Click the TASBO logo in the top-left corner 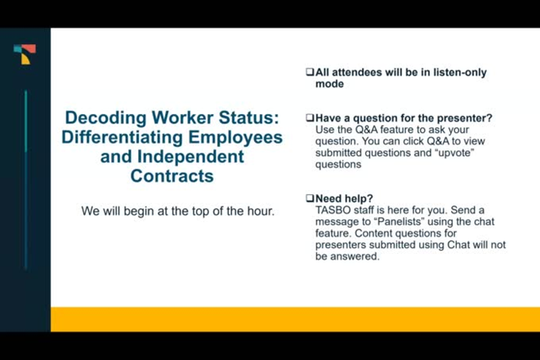click(25, 55)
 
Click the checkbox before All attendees click(310, 73)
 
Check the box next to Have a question click(310, 118)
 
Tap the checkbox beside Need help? click(310, 198)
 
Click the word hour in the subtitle click(261, 211)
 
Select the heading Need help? click(344, 198)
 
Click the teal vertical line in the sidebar click(25, 180)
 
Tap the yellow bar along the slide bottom click(294, 318)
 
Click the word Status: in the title click(244, 118)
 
